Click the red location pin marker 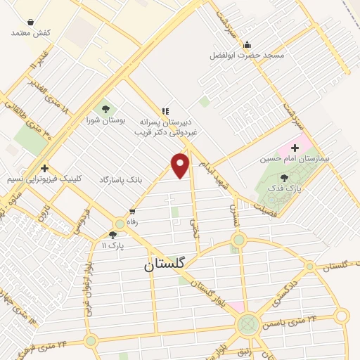[181, 165]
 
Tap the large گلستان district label [164, 264]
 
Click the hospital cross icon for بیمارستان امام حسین [295, 148]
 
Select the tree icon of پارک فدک [284, 178]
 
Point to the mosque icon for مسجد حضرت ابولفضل [247, 45]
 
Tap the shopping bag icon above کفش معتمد [31, 22]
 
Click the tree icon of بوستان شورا [105, 109]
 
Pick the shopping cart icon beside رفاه [132, 211]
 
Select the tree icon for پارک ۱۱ [112, 235]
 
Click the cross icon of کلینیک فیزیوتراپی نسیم [44, 169]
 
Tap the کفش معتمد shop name [31, 32]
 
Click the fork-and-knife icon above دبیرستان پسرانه [166, 111]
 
